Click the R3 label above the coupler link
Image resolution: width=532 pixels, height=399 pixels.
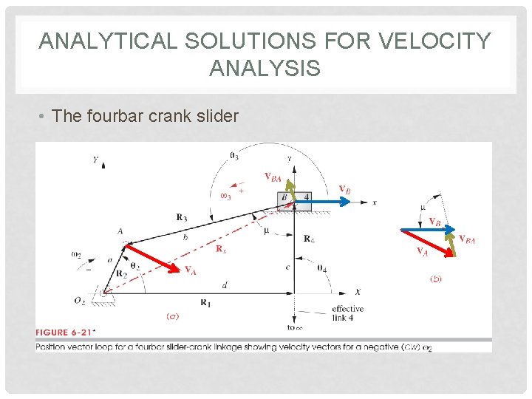coord(182,217)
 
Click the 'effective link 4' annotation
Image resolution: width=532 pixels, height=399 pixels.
coord(347,313)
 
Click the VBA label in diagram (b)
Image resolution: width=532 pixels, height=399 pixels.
coord(466,239)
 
